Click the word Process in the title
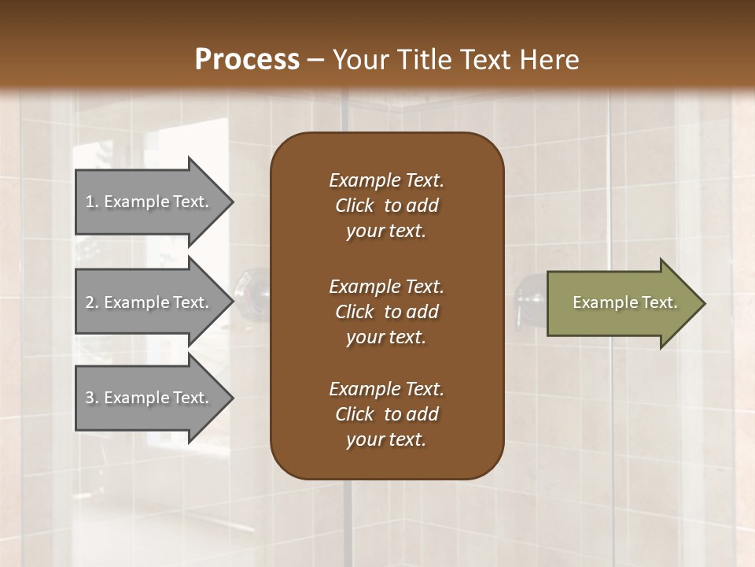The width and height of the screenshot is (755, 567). pos(247,60)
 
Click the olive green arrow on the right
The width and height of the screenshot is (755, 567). pos(621,303)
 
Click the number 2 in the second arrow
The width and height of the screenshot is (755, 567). pos(90,302)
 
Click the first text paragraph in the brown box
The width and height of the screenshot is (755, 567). pos(386,206)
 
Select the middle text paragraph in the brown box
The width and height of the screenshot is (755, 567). pos(386,312)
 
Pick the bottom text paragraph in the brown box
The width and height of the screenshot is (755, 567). pos(386,414)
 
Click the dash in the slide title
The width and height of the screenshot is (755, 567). pos(316,60)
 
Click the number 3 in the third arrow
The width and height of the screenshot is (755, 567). pos(90,398)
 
